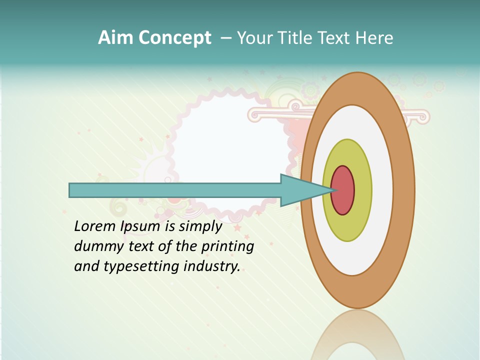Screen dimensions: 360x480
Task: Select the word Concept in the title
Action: pyautogui.click(x=175, y=38)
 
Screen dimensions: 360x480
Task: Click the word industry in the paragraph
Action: pyautogui.click(x=212, y=266)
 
